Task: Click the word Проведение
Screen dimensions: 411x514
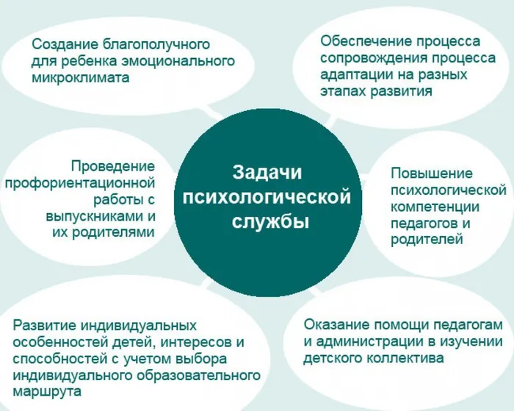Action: (113, 166)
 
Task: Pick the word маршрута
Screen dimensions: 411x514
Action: (46, 392)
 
